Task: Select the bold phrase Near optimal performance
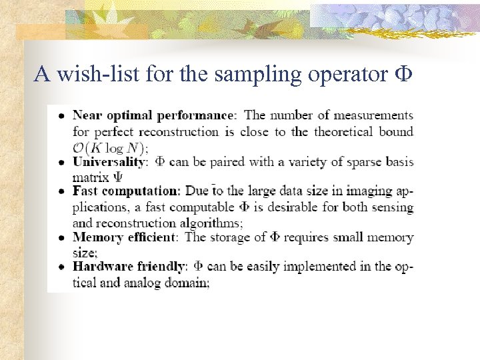(153, 116)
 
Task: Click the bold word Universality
(108, 161)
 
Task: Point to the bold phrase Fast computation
(126, 191)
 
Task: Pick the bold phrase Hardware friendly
(128, 267)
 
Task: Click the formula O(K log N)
(110, 147)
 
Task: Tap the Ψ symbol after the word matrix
(118, 177)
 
